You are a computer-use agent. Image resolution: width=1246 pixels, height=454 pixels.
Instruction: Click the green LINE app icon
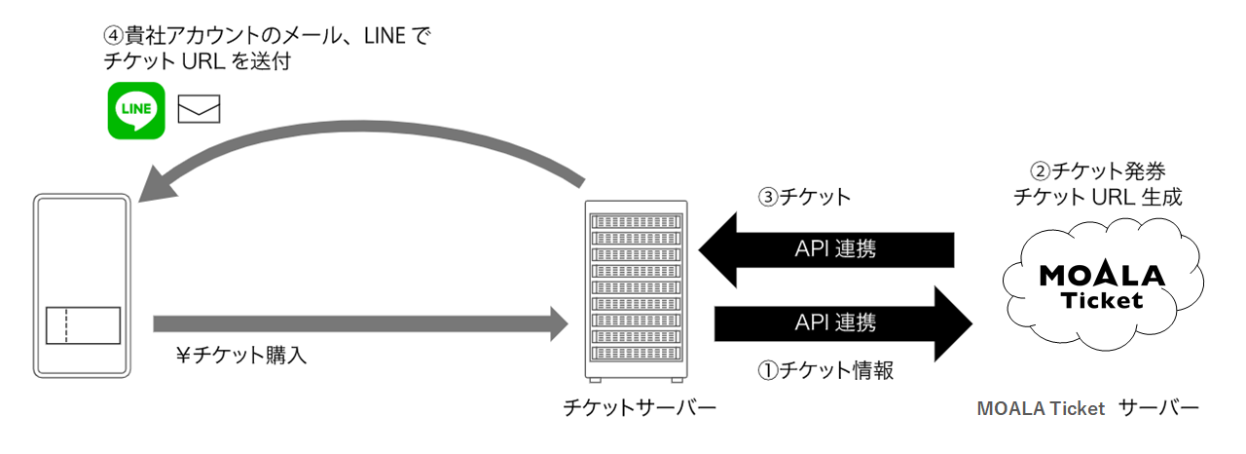136,110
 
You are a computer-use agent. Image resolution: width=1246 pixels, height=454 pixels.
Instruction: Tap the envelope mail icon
199,109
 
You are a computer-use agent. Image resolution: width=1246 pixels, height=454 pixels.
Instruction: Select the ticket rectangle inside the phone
83,325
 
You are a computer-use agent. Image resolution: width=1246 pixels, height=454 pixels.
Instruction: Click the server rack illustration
637,291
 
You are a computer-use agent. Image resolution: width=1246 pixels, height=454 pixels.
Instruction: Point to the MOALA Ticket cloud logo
1103,285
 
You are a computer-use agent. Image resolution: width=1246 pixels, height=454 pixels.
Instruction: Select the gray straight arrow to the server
360,323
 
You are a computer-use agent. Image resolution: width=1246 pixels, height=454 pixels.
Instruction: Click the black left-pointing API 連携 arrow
826,249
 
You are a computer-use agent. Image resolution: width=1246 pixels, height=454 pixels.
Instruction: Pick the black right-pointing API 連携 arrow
843,323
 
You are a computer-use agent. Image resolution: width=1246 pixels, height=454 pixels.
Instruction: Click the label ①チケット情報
826,370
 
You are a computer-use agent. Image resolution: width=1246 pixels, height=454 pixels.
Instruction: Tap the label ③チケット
804,197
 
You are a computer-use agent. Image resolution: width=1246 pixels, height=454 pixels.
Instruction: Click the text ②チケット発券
1098,170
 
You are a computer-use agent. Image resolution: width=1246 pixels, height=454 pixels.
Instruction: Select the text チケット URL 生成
1097,197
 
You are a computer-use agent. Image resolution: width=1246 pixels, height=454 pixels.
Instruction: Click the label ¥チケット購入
241,355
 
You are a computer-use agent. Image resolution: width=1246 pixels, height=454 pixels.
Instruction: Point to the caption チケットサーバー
640,408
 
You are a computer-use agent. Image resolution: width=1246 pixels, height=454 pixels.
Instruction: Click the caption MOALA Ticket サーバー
1088,408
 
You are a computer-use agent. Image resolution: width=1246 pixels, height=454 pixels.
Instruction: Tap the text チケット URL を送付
198,61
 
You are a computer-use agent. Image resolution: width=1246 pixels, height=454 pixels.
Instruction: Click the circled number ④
114,36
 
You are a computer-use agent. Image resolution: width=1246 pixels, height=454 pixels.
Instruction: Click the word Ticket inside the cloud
1102,300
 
